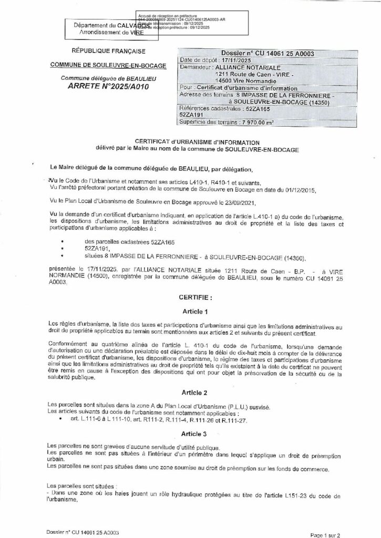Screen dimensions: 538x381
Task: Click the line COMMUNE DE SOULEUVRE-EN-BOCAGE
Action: pyautogui.click(x=105, y=65)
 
